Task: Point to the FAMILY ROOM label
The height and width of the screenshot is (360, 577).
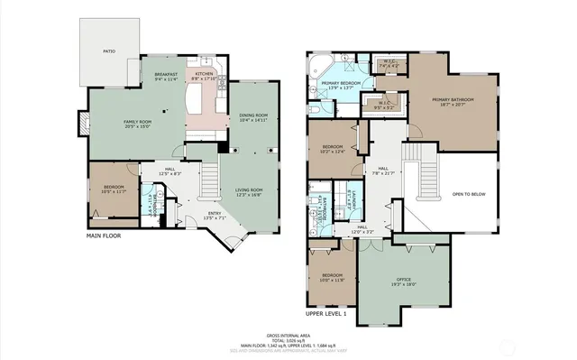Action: tap(137, 124)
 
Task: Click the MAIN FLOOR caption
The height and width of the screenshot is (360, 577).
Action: tap(105, 235)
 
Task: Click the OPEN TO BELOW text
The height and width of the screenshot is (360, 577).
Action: tap(471, 193)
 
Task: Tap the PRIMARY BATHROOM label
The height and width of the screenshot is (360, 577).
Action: tap(453, 100)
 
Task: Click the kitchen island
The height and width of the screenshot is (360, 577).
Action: tap(196, 97)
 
